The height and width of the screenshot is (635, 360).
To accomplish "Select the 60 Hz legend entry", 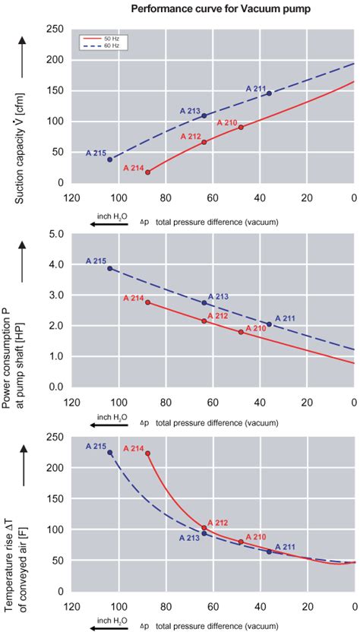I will (x=96, y=46).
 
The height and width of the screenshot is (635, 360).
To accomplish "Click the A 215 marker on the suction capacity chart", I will (x=110, y=160).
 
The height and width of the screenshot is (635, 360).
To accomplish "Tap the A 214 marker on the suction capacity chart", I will (x=147, y=172).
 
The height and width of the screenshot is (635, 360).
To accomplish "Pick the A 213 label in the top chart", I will (x=191, y=111).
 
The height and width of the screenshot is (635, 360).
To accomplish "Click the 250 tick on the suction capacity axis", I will (x=52, y=29).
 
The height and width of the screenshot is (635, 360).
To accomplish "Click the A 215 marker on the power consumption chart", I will (x=110, y=268).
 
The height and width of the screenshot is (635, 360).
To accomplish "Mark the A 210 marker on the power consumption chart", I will (x=241, y=332).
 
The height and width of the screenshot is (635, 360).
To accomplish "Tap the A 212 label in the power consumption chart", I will (x=217, y=316).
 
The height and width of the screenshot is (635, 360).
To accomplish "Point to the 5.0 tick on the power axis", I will (x=54, y=234).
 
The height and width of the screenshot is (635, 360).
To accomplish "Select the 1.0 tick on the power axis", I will (x=54, y=356).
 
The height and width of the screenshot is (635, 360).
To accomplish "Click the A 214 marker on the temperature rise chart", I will (x=147, y=453).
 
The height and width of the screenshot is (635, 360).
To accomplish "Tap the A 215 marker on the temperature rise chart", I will (x=110, y=453).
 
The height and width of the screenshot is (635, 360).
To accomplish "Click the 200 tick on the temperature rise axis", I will (x=52, y=468).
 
